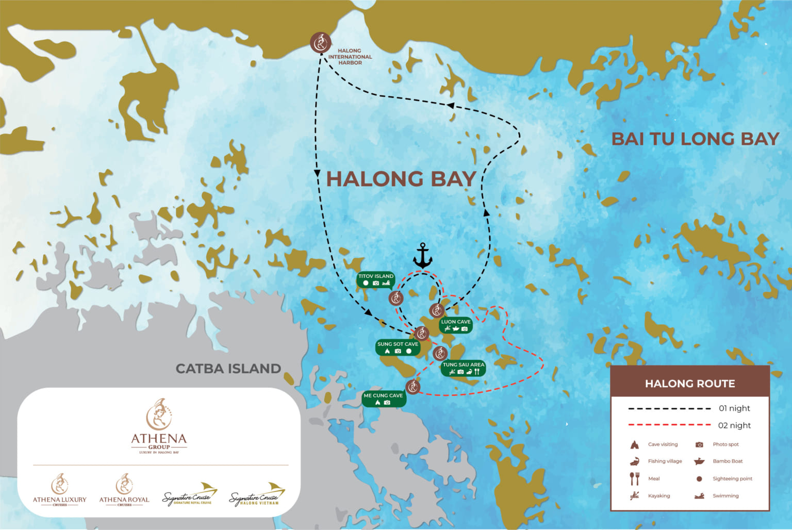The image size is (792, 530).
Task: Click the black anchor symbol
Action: click(x=422, y=256)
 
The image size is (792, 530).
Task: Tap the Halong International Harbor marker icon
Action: click(x=321, y=42)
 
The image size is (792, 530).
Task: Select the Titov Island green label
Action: click(x=375, y=279)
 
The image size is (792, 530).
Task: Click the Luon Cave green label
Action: click(x=456, y=325)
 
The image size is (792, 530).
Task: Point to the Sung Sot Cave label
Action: click(x=398, y=347)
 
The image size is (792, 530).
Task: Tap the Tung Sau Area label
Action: click(x=463, y=368)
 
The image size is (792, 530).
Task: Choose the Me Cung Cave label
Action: click(x=383, y=399)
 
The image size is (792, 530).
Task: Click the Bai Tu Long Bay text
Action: click(x=695, y=139)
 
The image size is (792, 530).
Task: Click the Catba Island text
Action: click(x=228, y=369)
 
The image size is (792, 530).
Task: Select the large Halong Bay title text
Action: click(x=401, y=179)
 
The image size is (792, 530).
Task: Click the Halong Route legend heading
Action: click(x=689, y=384)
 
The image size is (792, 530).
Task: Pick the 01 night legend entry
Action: click(x=734, y=408)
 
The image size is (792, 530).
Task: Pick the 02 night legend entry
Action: click(x=734, y=425)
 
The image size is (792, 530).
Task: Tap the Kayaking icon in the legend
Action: click(x=635, y=496)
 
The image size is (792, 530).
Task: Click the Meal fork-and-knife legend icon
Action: click(x=635, y=478)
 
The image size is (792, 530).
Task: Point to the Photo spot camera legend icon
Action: click(x=699, y=444)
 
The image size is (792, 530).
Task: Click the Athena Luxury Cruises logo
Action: click(x=60, y=489)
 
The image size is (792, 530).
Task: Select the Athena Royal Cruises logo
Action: click(x=124, y=489)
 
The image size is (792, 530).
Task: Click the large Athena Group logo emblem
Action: click(x=159, y=415)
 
